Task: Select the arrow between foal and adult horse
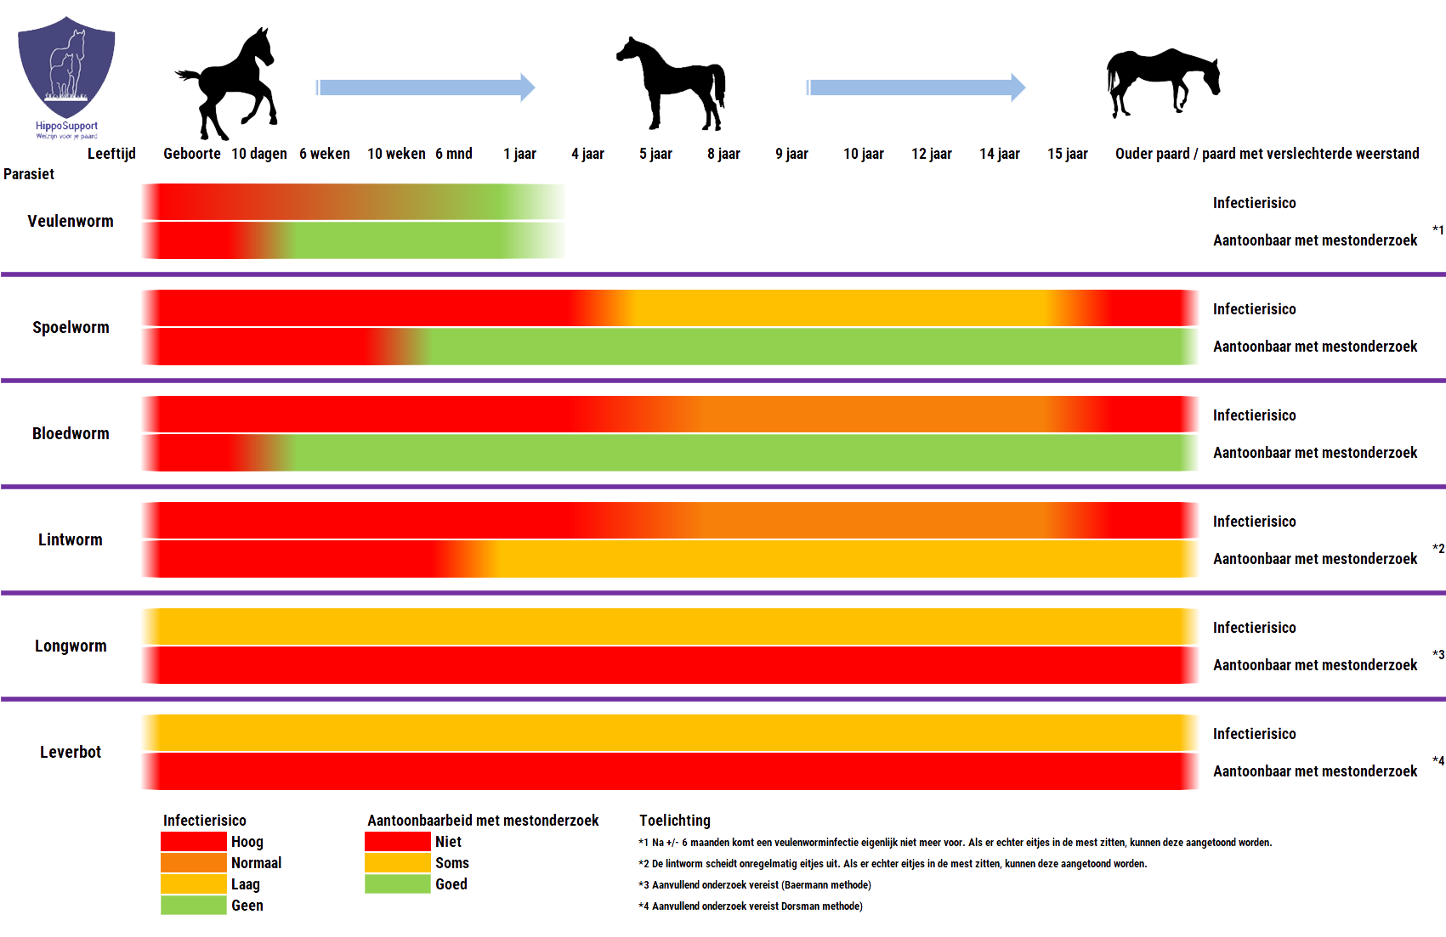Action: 425,87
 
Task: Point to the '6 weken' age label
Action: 324,154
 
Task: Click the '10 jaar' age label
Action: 863,154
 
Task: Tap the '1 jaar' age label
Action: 519,154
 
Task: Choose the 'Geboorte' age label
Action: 191,154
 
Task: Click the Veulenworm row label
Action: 71,221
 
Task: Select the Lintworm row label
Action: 71,539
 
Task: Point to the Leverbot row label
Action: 71,752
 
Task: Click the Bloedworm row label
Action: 71,433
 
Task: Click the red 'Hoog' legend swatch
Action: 194,842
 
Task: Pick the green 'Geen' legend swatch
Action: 194,906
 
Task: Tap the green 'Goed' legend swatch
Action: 397,884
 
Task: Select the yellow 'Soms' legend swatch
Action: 397,863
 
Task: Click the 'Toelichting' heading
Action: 674,821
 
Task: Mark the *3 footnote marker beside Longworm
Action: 1437,655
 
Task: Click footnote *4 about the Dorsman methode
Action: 751,906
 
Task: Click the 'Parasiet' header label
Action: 29,174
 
